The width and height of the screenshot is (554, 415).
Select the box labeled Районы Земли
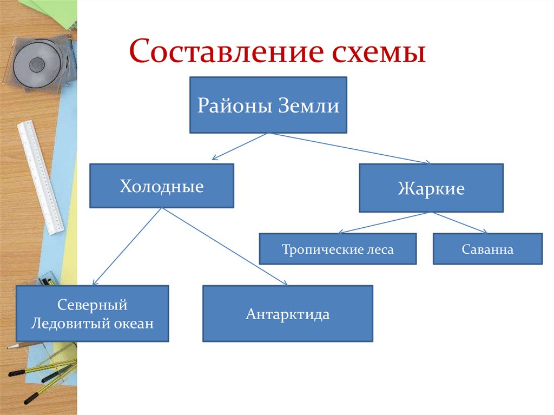[268, 105]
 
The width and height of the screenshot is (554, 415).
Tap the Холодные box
[161, 186]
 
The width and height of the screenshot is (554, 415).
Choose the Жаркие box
[431, 188]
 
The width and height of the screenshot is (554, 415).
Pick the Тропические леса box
[338, 249]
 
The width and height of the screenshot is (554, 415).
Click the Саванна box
[487, 249]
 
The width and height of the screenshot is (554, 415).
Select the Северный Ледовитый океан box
[92, 314]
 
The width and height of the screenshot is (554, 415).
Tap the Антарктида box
[287, 314]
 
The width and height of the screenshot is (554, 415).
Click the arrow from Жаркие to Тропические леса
[384, 222]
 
